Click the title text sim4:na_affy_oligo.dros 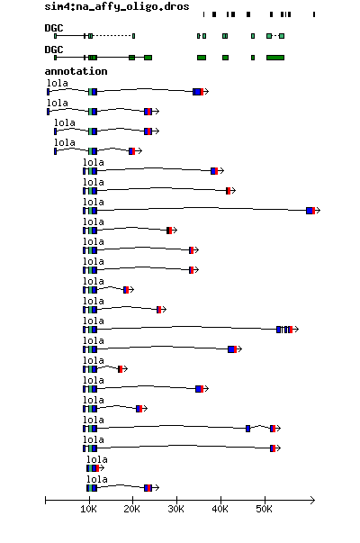117,6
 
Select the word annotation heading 76,71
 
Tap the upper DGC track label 54,28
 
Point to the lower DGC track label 54,50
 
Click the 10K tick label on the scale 88,509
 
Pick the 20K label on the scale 132,509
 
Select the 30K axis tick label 176,509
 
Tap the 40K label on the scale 220,509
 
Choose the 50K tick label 264,509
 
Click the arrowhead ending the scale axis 312,501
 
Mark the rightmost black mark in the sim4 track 314,14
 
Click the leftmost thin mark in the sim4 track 203,14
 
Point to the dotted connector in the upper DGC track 112,36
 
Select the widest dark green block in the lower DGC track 275,58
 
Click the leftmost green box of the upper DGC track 56,36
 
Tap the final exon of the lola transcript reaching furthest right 310,211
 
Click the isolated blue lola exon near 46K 247,429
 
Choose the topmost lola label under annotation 58,83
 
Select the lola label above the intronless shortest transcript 97,459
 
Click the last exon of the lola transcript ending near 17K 120,369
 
